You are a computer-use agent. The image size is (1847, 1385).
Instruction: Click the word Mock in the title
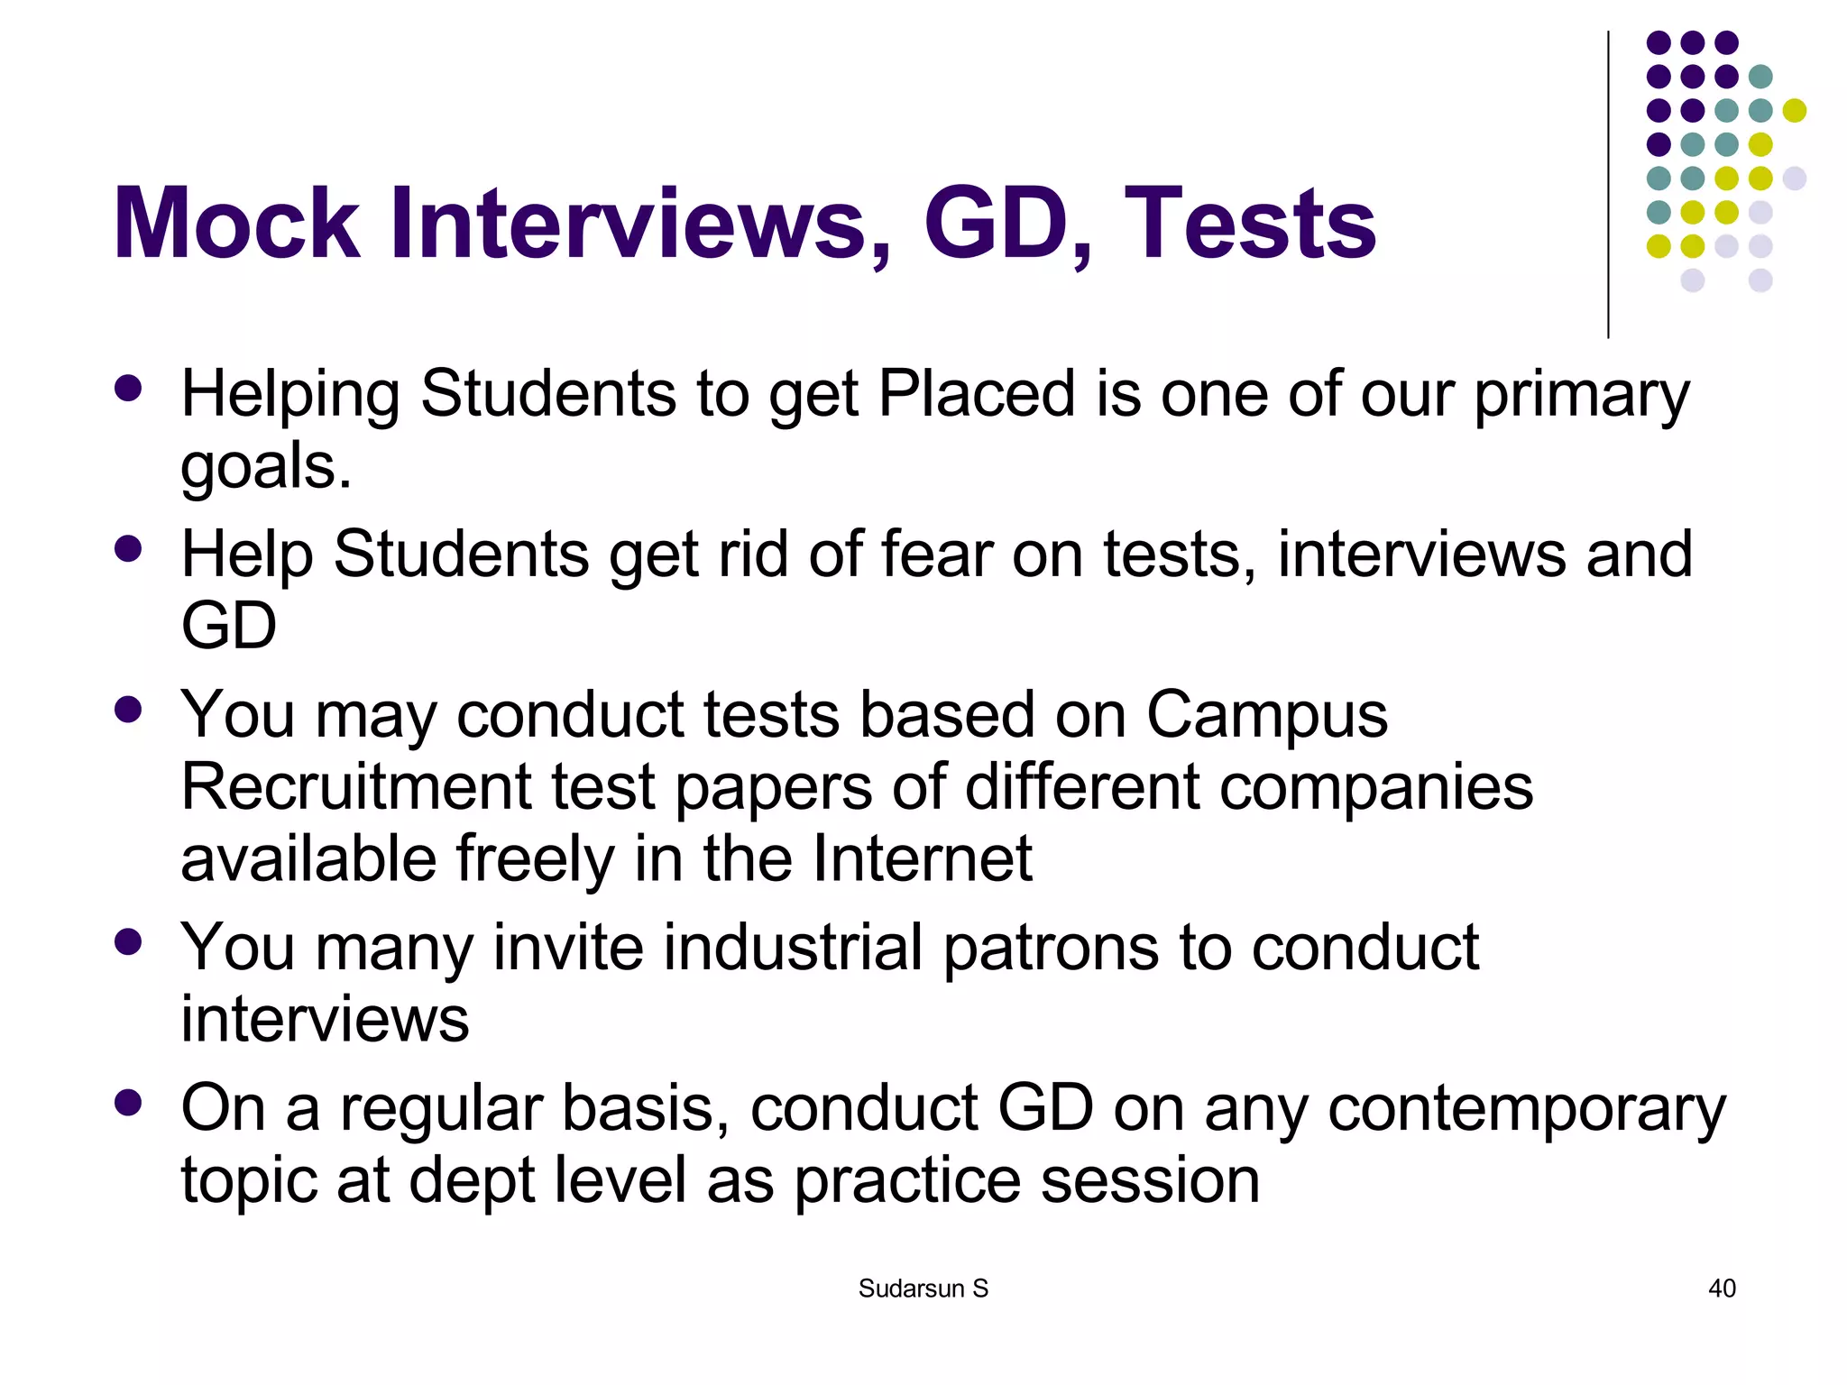(236, 223)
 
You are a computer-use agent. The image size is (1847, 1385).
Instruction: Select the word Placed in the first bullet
(977, 394)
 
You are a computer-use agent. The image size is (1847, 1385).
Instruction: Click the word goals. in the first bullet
(266, 467)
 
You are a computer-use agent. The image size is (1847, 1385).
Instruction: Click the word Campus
(1266, 715)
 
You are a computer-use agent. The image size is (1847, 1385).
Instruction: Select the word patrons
(1051, 948)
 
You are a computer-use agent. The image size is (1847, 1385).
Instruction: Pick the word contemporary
(1526, 1109)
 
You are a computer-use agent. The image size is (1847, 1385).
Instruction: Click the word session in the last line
(1150, 1180)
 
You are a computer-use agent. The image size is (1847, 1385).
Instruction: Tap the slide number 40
(1722, 1289)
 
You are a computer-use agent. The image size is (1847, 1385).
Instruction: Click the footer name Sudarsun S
(923, 1289)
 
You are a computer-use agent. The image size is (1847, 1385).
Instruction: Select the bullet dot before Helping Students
(129, 389)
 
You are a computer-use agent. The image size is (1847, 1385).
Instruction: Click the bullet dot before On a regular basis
(129, 1103)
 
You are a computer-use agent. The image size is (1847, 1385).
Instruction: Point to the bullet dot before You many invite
(129, 942)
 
